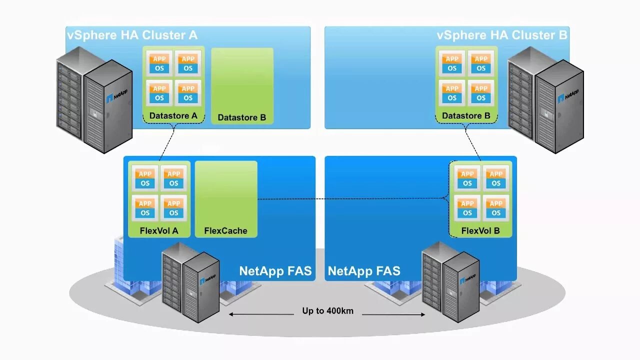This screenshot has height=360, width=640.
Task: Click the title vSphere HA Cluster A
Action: coord(132,35)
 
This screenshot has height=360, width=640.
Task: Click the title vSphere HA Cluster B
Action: coord(502,35)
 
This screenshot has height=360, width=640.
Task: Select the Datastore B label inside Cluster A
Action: coord(242,118)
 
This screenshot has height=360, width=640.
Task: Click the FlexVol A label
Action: coord(159,231)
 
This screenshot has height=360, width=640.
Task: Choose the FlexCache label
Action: coord(225,231)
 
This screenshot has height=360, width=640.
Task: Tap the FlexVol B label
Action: coord(480,231)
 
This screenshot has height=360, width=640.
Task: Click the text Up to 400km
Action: coord(327,311)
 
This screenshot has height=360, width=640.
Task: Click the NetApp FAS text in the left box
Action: coord(275,271)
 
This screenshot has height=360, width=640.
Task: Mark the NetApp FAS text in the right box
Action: coord(364,271)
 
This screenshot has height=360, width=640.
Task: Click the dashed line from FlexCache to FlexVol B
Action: coord(350,199)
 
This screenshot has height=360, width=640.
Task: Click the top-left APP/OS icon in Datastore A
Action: coord(159,63)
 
